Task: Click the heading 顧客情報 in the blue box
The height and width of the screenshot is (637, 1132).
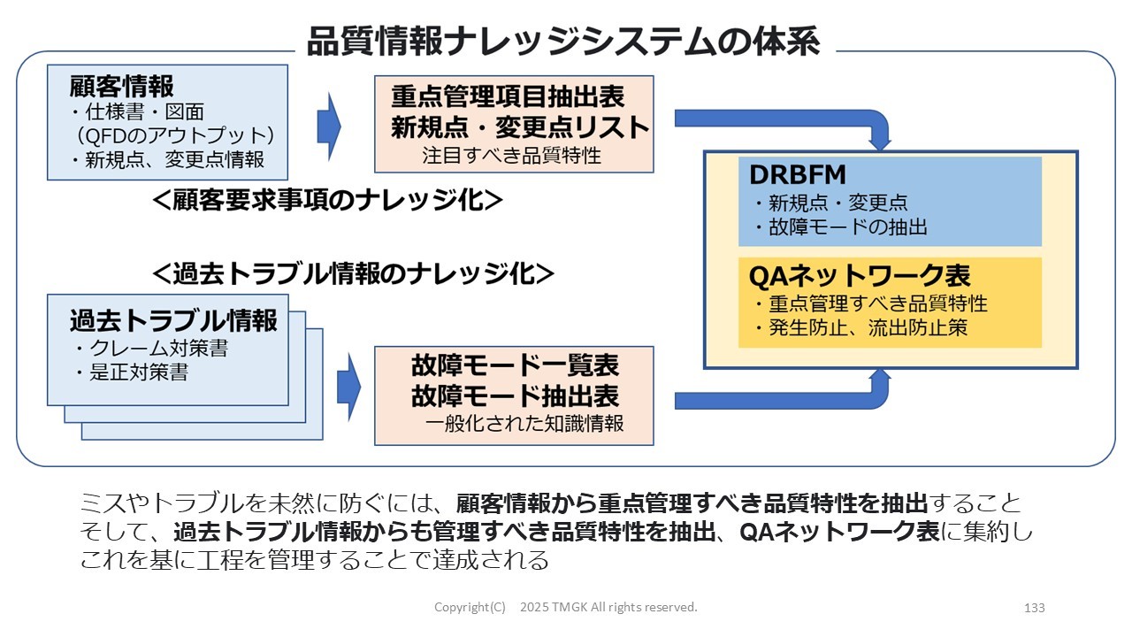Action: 122,87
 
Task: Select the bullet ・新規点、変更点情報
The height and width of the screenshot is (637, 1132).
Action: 167,159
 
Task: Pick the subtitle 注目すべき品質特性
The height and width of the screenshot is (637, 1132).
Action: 511,156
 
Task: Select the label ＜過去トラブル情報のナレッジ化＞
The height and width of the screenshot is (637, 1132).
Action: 353,273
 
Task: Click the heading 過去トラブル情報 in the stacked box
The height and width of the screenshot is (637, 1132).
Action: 173,320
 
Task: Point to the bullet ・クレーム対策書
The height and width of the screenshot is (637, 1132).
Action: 150,349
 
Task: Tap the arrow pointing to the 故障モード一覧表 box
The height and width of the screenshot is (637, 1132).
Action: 349,387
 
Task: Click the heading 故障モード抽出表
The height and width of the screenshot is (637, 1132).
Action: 514,395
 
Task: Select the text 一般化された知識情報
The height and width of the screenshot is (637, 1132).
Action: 524,424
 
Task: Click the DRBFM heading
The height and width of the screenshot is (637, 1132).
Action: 798,175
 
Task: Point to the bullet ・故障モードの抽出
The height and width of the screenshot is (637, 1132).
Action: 839,227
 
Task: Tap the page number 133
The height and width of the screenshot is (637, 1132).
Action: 1034,608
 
